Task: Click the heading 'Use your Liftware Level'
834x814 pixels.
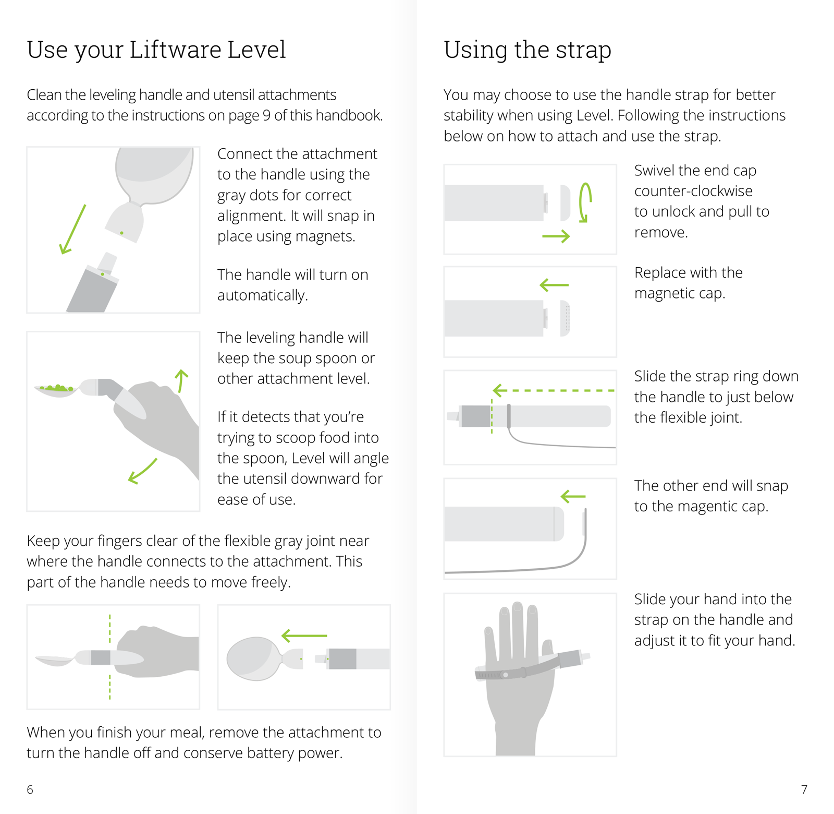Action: (x=156, y=50)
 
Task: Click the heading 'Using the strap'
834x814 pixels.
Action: (x=528, y=50)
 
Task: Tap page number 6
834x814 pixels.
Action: (x=30, y=789)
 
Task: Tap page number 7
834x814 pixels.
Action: (x=804, y=789)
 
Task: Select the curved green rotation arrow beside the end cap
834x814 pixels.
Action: (x=585, y=202)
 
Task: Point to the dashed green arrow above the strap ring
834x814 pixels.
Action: (x=554, y=390)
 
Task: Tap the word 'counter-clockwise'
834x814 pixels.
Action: (x=693, y=191)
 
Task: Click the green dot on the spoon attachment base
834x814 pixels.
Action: (x=121, y=233)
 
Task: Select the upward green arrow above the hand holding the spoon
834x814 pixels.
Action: (x=181, y=381)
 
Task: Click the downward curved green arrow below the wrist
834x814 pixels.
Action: (x=142, y=471)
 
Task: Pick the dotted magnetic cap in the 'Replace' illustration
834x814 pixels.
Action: (x=565, y=318)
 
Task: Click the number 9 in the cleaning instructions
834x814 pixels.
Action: (x=266, y=115)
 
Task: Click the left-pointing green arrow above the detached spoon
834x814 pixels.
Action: (x=304, y=636)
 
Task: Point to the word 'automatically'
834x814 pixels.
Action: (x=262, y=296)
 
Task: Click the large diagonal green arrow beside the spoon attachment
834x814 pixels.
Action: (x=72, y=230)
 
